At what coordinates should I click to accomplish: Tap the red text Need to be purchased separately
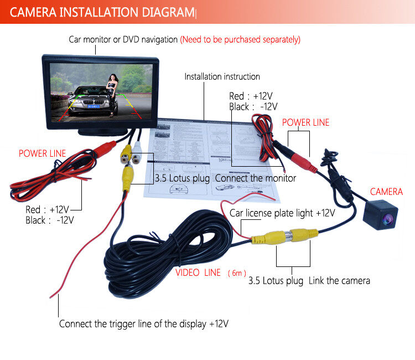tap(240, 40)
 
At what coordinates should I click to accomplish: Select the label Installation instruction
tap(222, 76)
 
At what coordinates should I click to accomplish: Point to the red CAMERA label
tap(386, 192)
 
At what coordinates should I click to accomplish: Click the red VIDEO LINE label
tap(198, 272)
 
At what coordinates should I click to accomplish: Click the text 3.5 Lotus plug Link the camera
tap(309, 281)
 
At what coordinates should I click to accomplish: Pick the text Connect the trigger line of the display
tap(143, 324)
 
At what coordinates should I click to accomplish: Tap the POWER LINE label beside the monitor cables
tap(42, 153)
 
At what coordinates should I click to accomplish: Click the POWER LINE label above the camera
tap(305, 122)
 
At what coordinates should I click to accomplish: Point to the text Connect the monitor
tap(255, 178)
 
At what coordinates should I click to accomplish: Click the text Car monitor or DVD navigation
tap(123, 40)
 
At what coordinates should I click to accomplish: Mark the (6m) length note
tap(237, 273)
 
